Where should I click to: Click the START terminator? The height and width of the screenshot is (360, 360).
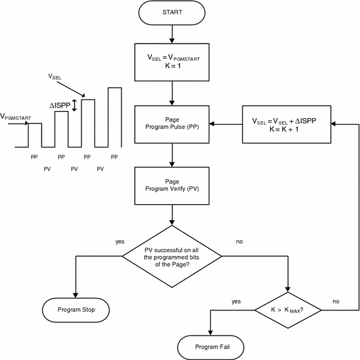pyautogui.click(x=172, y=12)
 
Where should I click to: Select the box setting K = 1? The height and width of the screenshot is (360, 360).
pyautogui.click(x=172, y=62)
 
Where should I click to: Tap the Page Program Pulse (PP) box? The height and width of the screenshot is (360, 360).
pyautogui.click(x=172, y=124)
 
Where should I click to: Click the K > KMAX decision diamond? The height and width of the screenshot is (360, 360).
pyautogui.click(x=289, y=309)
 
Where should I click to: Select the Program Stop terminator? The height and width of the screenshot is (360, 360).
pyautogui.click(x=76, y=308)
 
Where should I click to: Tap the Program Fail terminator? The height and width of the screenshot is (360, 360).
pyautogui.click(x=211, y=346)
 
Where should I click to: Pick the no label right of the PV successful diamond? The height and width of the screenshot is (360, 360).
pyautogui.click(x=239, y=242)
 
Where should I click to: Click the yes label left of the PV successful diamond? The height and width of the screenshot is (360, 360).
pyautogui.click(x=120, y=242)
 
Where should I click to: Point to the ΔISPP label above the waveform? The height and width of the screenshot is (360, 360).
pyautogui.click(x=58, y=104)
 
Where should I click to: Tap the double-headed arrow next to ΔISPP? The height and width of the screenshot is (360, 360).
pyautogui.click(x=75, y=105)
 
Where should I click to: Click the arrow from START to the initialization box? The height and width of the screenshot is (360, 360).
pyautogui.click(x=172, y=32)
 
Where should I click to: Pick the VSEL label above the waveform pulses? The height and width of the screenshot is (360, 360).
pyautogui.click(x=55, y=77)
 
